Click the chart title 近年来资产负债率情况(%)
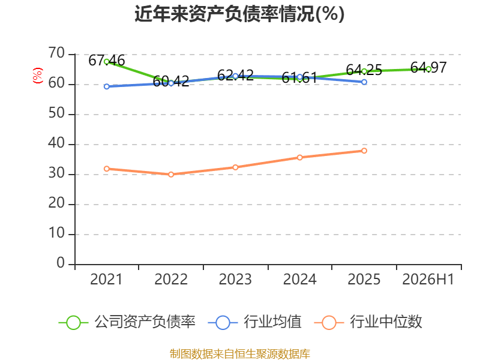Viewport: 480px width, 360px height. pos(239,14)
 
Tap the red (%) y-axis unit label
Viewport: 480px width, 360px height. pos(37,76)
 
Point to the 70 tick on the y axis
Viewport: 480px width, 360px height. pos(56,53)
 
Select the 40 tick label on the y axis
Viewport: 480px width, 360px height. pos(56,143)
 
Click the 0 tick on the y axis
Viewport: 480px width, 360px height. pos(61,263)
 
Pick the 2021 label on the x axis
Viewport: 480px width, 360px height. pos(106,279)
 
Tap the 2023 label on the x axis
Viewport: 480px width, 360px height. pos(235,279)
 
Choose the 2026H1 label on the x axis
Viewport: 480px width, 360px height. pos(428,279)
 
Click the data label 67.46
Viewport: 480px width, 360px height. pos(107,61)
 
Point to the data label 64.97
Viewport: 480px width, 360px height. pos(428,68)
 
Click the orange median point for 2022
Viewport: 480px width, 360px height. pos(171,175)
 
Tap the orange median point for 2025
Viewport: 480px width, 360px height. pos(364,151)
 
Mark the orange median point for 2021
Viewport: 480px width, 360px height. pos(107,169)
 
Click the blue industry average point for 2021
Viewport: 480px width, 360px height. pos(107,86)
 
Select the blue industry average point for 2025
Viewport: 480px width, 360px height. pos(364,82)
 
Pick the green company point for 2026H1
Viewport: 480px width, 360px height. pos(428,69)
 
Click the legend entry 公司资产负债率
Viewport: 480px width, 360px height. pos(127,322)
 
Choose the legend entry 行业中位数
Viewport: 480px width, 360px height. pos(368,322)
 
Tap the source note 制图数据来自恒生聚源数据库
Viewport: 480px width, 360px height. pos(240,354)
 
